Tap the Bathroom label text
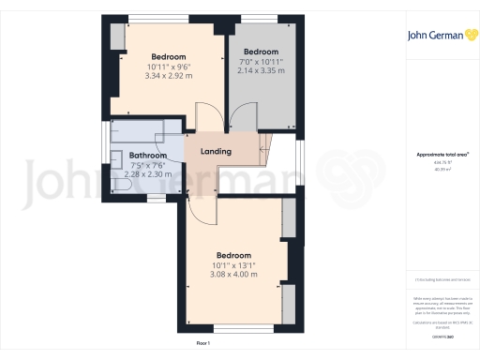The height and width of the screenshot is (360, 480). tap(148, 156)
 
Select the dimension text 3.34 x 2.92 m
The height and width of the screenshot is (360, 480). tap(168, 75)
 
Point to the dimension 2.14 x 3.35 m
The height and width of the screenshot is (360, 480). tap(260, 69)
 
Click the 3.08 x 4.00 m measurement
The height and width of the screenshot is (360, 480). tap(234, 274)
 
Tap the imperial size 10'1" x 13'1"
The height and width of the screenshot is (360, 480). tap(234, 264)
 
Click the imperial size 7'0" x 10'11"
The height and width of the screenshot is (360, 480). tap(260, 61)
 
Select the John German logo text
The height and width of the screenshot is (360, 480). tap(436, 37)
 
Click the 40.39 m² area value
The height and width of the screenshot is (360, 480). tap(442, 170)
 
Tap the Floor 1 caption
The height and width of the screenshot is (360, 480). tap(202, 344)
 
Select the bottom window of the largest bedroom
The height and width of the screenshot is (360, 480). tap(234, 328)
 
